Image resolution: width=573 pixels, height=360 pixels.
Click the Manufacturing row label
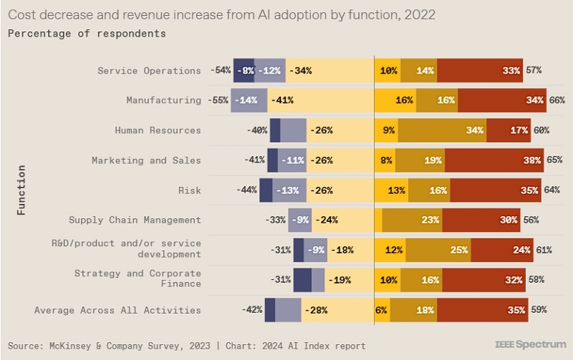coord(163,100)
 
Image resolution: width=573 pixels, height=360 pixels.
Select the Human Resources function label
coord(158,130)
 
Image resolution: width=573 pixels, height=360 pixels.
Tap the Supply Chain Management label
coord(135,220)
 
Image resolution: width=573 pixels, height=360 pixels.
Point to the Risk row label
coord(189,190)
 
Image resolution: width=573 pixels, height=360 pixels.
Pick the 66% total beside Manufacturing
coord(557,100)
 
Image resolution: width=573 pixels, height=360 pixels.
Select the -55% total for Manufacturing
coord(218,100)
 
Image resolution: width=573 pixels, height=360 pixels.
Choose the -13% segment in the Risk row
coord(289,190)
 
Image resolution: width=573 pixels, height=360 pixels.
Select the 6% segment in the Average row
coord(382,310)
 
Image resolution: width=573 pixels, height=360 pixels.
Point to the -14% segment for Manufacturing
coord(249,100)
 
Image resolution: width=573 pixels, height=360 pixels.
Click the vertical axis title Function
coord(22,190)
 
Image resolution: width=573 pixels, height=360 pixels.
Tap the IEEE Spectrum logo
coord(530,344)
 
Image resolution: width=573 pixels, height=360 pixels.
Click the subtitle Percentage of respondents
coord(87,34)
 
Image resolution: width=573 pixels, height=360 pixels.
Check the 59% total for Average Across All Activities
coord(539,310)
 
